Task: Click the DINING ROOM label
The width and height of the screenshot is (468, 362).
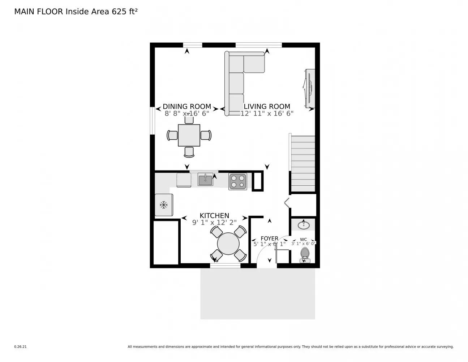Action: (x=187, y=106)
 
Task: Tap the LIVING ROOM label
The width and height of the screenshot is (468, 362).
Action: (x=267, y=106)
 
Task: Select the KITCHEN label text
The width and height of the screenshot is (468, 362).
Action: (x=214, y=216)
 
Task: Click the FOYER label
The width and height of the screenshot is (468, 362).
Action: (x=270, y=239)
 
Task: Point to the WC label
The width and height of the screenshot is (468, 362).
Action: (x=304, y=239)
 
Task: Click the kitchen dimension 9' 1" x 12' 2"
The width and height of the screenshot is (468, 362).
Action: (x=214, y=223)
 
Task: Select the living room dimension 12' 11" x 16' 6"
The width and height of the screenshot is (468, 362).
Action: (x=267, y=113)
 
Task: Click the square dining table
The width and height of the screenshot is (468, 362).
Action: (x=189, y=135)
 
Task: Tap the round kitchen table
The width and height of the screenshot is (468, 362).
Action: (x=228, y=244)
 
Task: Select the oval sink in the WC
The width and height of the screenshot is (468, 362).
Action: (x=304, y=225)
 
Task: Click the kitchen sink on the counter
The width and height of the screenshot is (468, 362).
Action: (x=205, y=180)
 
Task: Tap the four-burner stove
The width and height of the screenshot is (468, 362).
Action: (x=238, y=181)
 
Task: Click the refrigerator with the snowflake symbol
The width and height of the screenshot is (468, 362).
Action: (x=164, y=205)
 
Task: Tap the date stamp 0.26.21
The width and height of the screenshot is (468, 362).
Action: (x=20, y=347)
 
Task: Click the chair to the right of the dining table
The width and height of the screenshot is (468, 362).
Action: (x=206, y=135)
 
